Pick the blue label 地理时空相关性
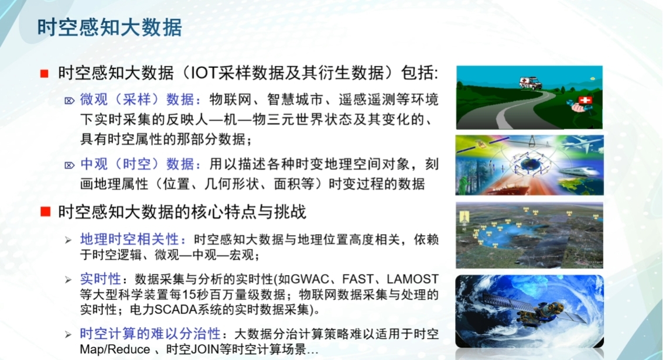point(132,240)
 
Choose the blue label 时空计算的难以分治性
point(150,334)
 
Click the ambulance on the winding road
point(530,83)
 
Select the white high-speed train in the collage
point(577,170)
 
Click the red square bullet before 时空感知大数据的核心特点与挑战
point(44,211)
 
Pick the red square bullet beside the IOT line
point(44,74)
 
